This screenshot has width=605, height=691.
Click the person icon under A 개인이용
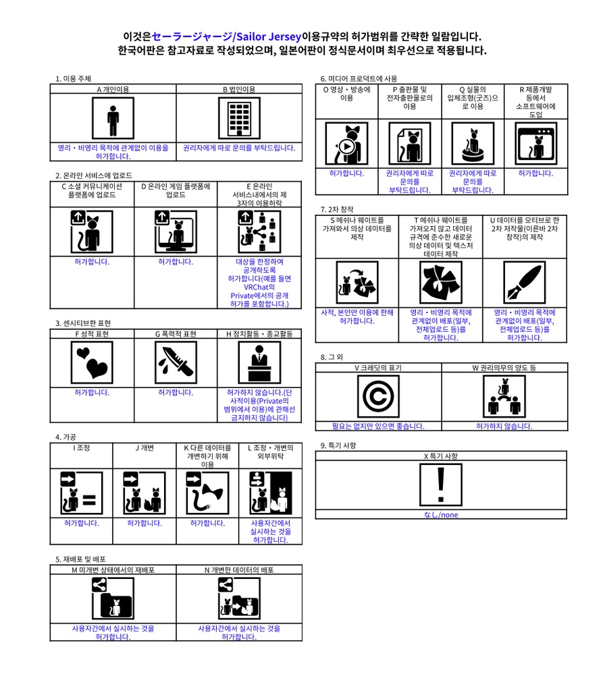pyautogui.click(x=113, y=117)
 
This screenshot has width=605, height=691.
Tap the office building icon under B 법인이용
pyautogui.click(x=239, y=117)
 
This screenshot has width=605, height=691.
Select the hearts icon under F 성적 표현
pyautogui.click(x=92, y=362)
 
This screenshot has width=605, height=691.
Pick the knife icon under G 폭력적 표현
pyautogui.click(x=176, y=362)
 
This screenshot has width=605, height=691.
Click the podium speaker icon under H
pyautogui.click(x=259, y=362)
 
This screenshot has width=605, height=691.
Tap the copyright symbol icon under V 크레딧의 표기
pyautogui.click(x=378, y=395)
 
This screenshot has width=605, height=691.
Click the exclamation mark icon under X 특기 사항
pyautogui.click(x=441, y=485)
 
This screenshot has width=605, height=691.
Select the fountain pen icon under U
pyautogui.click(x=525, y=283)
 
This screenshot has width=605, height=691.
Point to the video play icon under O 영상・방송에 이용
pyautogui.click(x=346, y=144)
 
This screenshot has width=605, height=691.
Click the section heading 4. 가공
pyautogui.click(x=65, y=437)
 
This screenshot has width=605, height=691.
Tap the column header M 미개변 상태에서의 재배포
pyautogui.click(x=113, y=570)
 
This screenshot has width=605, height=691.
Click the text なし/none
pyautogui.click(x=441, y=515)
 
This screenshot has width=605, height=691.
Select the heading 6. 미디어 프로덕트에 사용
pyautogui.click(x=359, y=78)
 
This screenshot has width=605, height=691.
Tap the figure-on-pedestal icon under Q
pyautogui.click(x=473, y=144)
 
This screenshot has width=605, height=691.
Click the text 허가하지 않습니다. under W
pyautogui.click(x=504, y=426)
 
